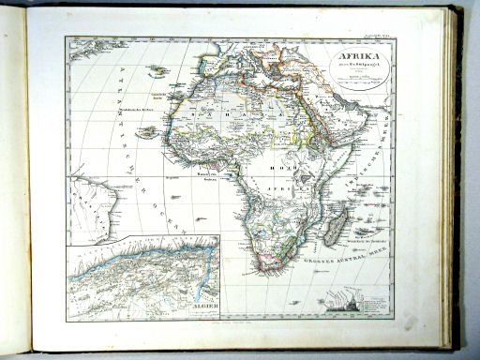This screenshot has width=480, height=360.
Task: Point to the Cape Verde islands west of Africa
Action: click(147, 132)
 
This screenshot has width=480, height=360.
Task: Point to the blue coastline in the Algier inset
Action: click(141, 263)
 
